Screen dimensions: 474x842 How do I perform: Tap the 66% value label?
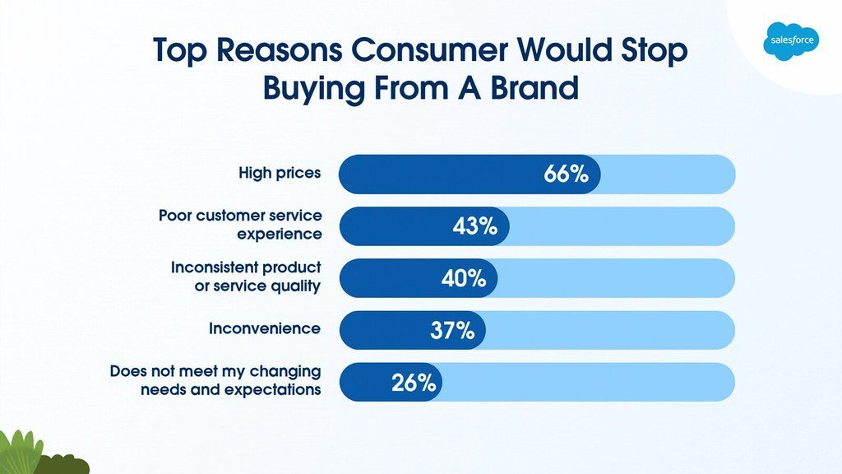pyautogui.click(x=566, y=174)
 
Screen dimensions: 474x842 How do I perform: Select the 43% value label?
pyautogui.click(x=475, y=226)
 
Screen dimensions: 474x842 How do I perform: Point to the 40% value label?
pyautogui.click(x=464, y=278)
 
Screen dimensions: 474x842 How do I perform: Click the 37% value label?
pyautogui.click(x=452, y=330)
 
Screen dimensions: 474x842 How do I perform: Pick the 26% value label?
pyautogui.click(x=414, y=382)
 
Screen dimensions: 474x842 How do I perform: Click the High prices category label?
pyautogui.click(x=280, y=174)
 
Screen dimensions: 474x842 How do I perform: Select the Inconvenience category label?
pyautogui.click(x=265, y=328)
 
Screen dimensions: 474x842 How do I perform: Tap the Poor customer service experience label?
pyautogui.click(x=240, y=225)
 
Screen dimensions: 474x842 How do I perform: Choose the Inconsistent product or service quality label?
pyautogui.click(x=246, y=276)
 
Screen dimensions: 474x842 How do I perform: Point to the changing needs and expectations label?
pyautogui.click(x=215, y=380)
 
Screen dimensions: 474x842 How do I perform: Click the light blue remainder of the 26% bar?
pyautogui.click(x=588, y=382)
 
